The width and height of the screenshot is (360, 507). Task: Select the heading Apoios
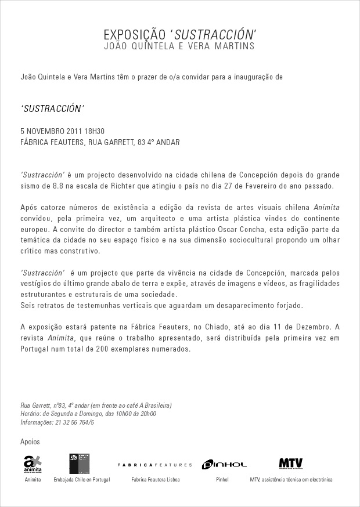click(x=30, y=442)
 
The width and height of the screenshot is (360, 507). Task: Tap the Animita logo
click(x=33, y=464)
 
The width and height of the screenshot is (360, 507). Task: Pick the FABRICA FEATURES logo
click(x=154, y=465)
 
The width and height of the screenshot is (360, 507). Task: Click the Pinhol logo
click(x=224, y=464)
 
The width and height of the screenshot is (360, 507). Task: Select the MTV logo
click(x=290, y=463)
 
